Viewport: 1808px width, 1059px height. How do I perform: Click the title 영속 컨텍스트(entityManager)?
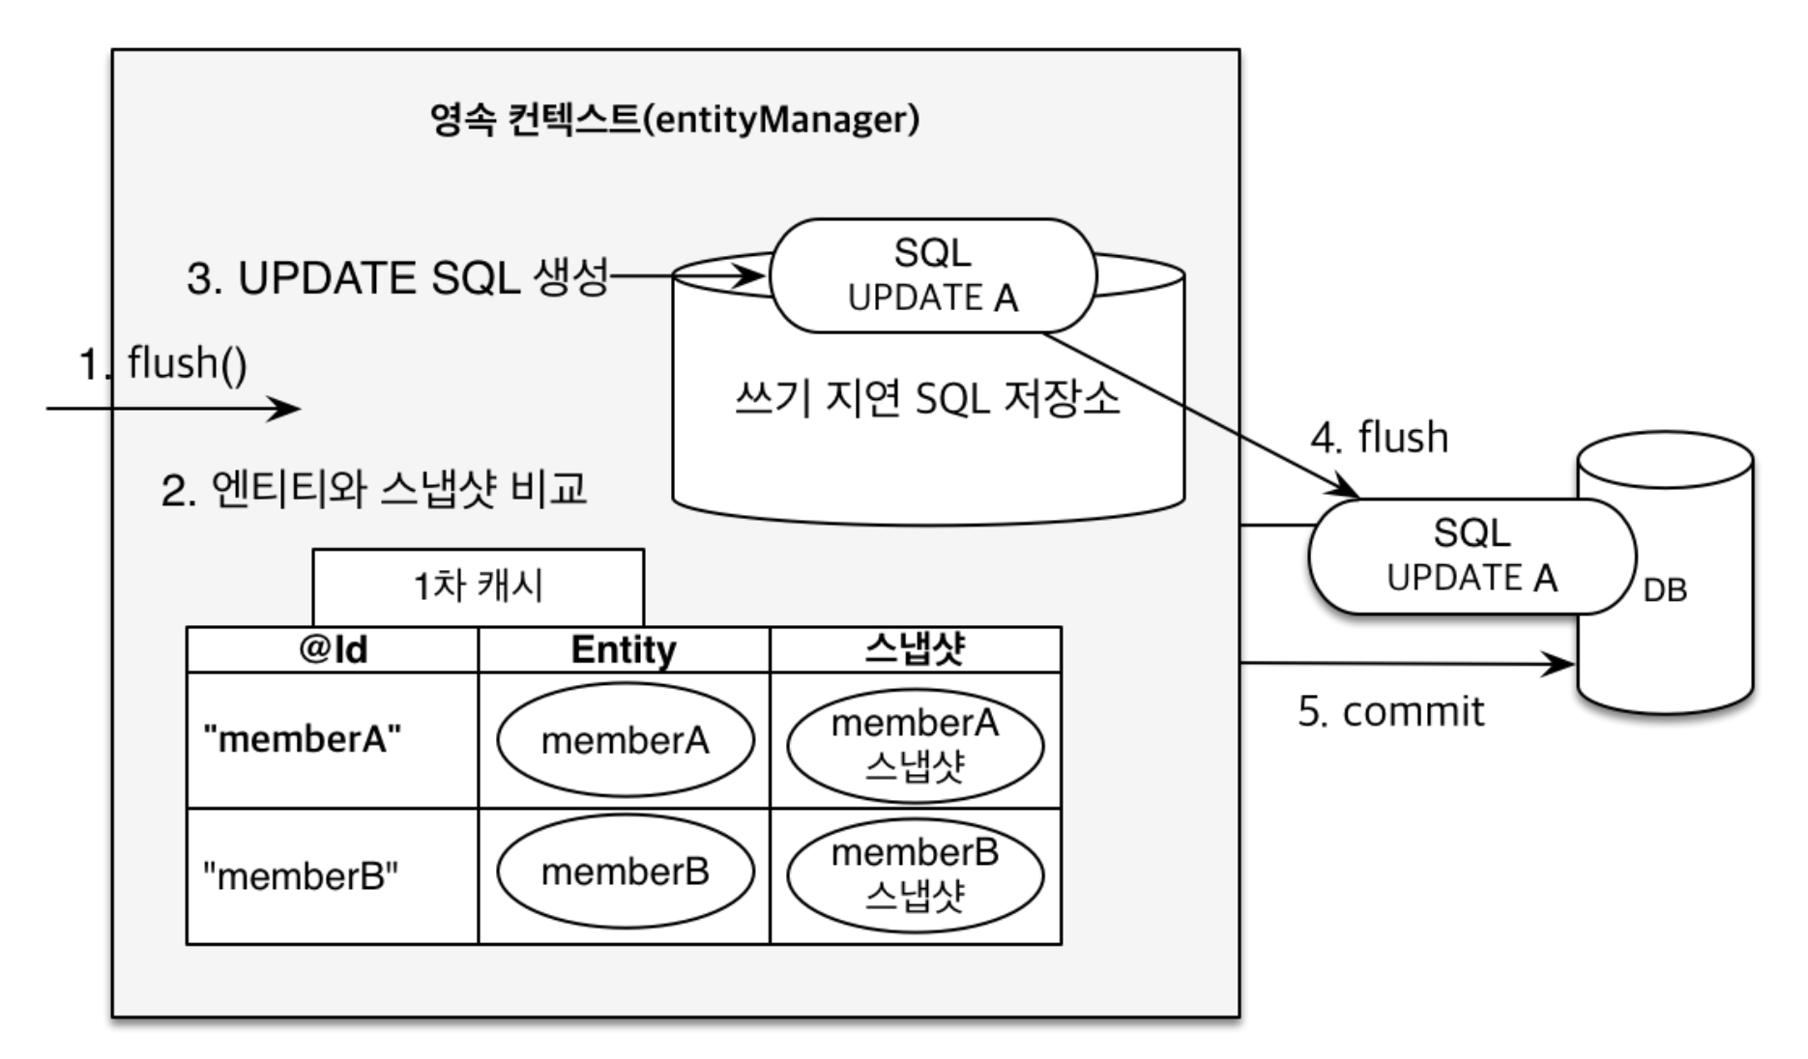coord(674,120)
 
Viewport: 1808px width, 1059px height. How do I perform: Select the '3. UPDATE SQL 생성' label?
coord(397,278)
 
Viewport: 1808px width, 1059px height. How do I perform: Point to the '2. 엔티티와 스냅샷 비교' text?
coord(374,489)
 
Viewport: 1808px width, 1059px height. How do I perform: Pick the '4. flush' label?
coord(1379,438)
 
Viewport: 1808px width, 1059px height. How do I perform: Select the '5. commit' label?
coord(1390,712)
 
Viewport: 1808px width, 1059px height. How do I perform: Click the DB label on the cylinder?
coord(1664,589)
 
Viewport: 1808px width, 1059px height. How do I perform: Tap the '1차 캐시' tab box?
coord(479,587)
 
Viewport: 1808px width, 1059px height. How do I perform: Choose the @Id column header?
coord(333,649)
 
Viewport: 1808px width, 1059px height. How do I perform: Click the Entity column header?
coord(624,649)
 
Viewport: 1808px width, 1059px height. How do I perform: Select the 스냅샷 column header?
coord(915,649)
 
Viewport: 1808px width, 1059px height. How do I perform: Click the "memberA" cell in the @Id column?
coord(303,740)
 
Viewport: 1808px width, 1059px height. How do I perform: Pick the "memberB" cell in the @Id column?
coord(301,876)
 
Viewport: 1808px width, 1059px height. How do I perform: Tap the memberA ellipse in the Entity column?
coord(625,741)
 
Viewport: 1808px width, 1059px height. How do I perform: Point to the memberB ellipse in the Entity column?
coord(625,872)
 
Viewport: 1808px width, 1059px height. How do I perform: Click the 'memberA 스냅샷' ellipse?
coord(915,745)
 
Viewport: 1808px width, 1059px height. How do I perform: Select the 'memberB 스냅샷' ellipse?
coord(915,875)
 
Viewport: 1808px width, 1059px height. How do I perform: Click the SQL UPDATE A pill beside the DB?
coord(1471,557)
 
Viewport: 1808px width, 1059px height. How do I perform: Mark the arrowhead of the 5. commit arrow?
coord(1563,664)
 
